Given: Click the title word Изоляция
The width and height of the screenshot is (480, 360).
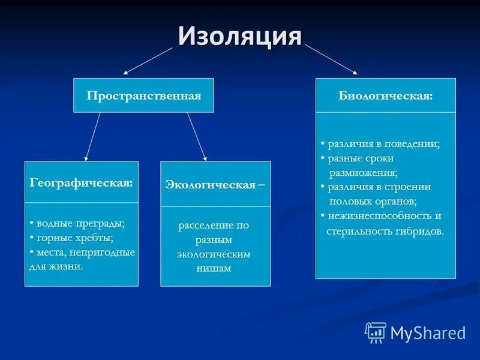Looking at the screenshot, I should (x=239, y=37).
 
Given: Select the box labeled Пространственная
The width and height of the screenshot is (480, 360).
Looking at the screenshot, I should (x=143, y=95).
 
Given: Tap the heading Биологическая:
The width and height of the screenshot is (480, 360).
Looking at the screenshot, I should (x=385, y=95).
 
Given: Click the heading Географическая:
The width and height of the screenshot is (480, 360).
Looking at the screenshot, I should (x=81, y=182).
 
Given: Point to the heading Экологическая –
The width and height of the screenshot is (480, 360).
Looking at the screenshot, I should (x=215, y=184).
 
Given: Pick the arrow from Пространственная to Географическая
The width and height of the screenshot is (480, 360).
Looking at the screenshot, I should (x=92, y=137).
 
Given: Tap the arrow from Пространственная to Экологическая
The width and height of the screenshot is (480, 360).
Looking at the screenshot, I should (x=197, y=137).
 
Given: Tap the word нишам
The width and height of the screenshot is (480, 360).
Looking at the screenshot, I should (x=214, y=268).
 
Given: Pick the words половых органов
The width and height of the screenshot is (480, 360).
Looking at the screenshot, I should (x=372, y=201).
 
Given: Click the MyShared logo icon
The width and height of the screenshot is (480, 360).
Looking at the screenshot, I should (x=376, y=332).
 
